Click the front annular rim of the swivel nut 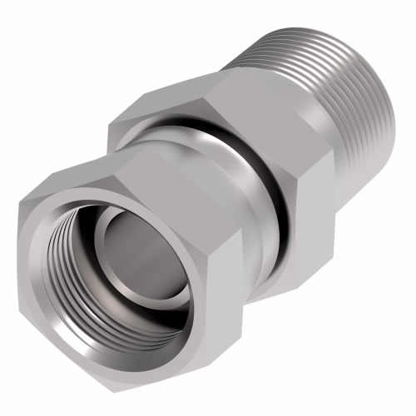click(79, 250)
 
